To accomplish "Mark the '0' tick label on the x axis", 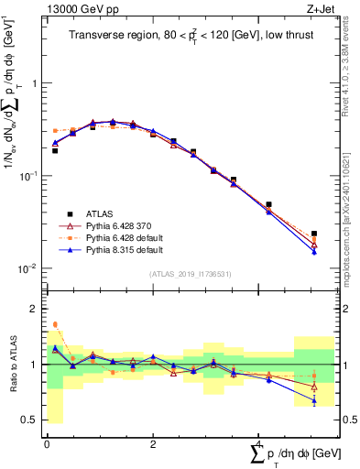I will pos(47,444).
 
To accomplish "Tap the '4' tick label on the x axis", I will pos(259,444).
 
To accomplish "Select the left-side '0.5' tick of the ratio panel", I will pos(33,420).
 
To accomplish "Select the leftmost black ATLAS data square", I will pos(55,150).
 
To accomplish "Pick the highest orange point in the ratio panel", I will pos(55,324).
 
